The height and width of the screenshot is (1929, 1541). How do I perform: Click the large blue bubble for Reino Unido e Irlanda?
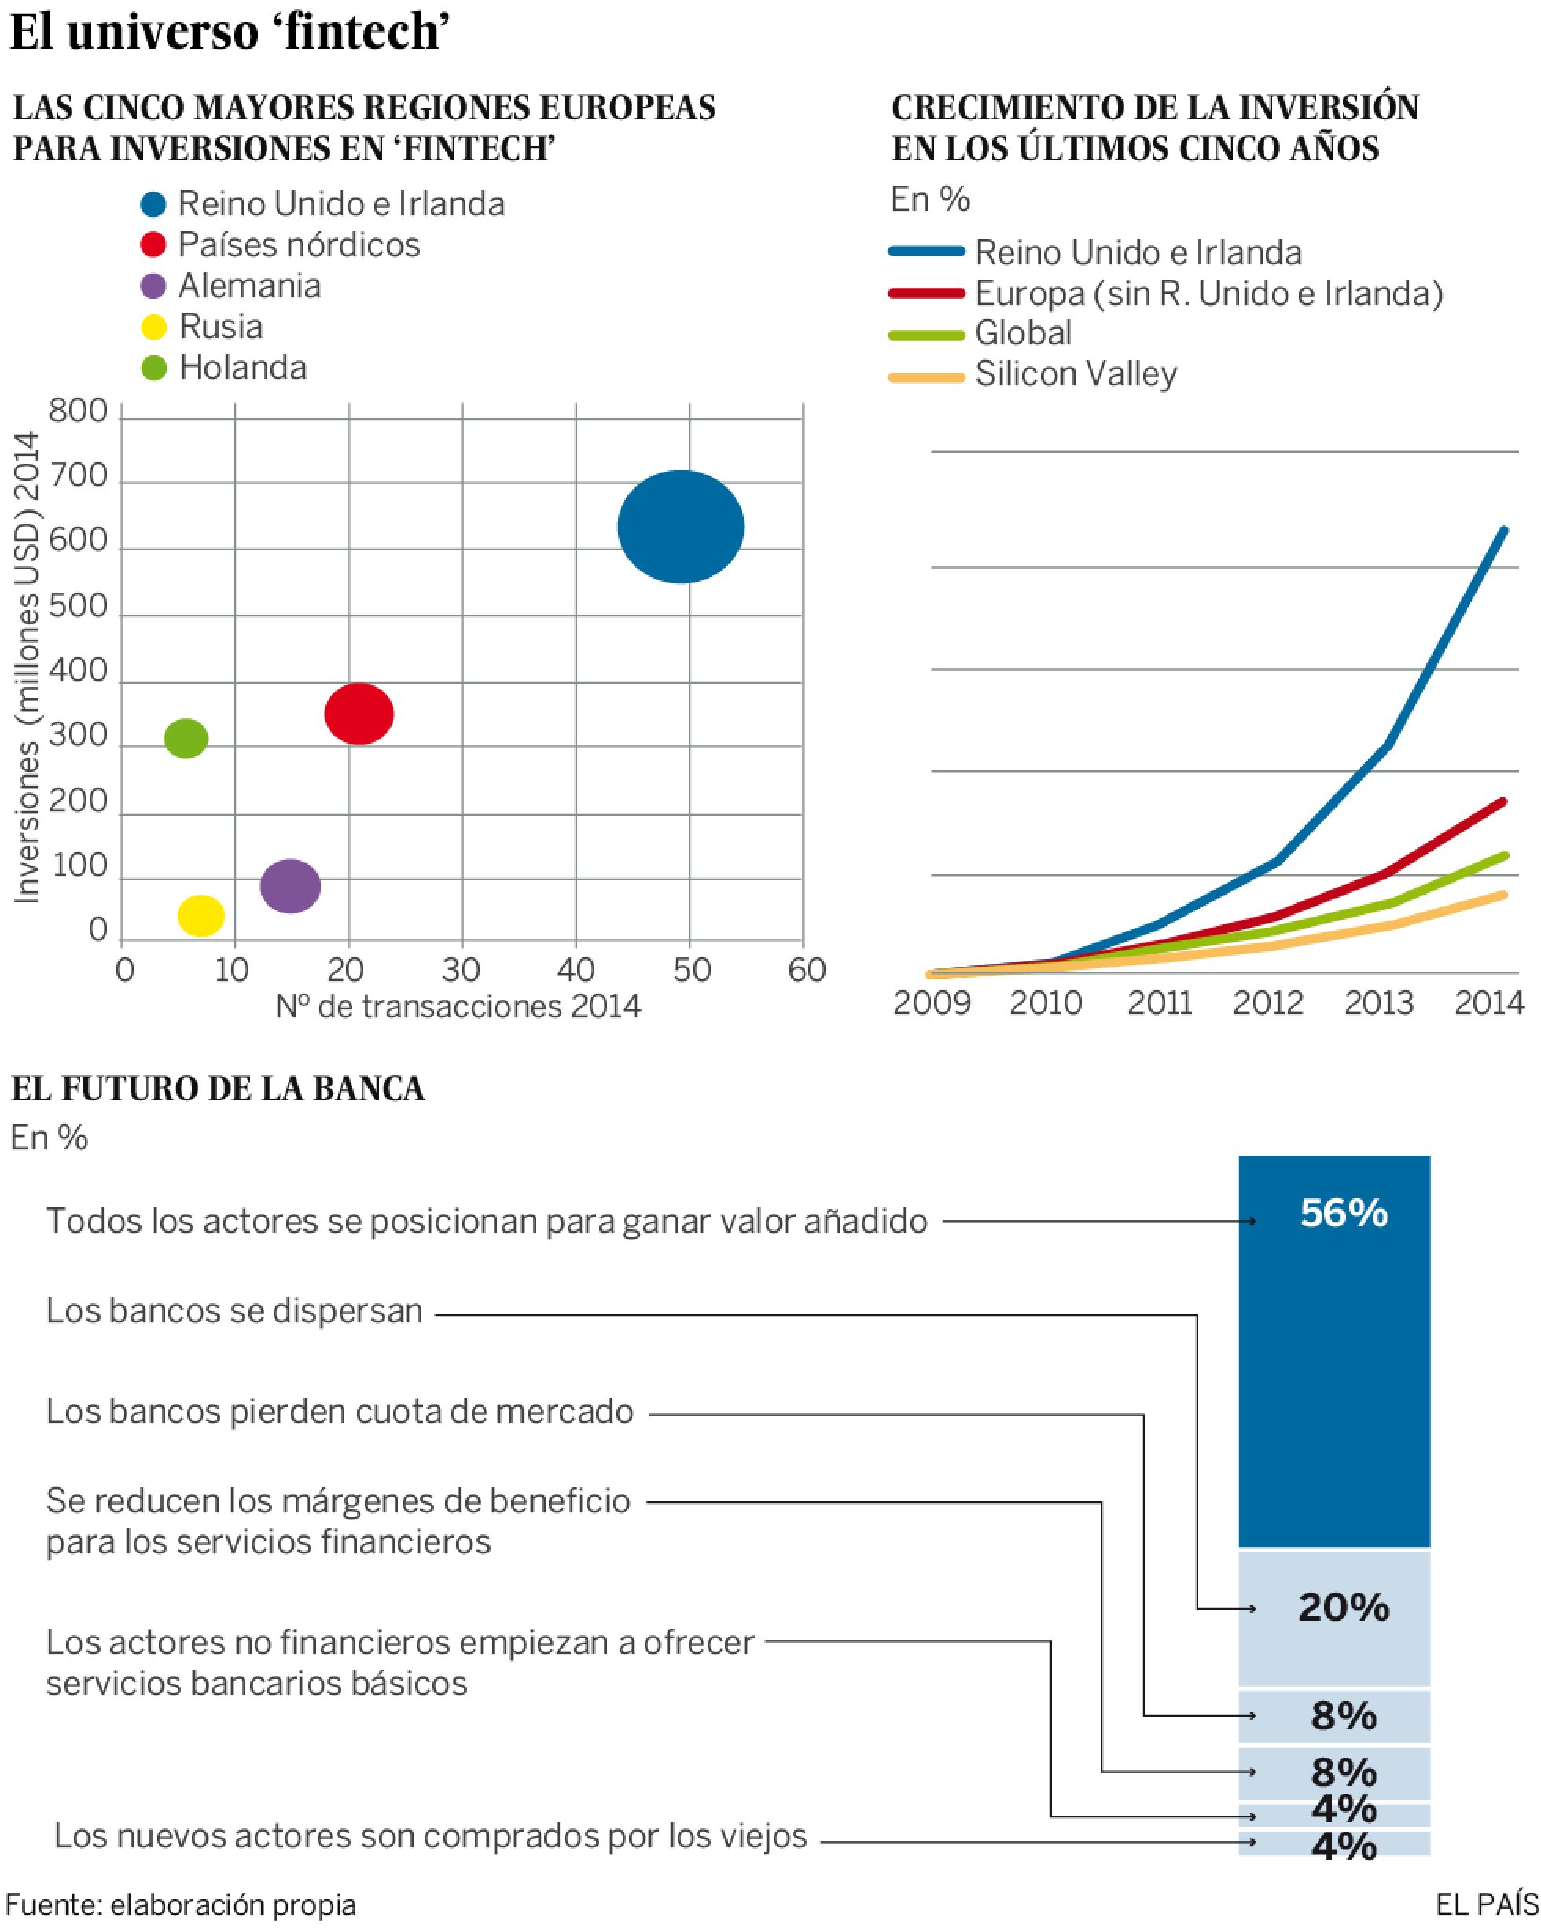click(680, 526)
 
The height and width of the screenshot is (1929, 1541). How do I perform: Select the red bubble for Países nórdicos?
click(359, 713)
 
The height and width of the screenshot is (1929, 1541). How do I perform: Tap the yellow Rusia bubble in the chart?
click(200, 914)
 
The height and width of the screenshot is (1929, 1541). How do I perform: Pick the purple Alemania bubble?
click(290, 886)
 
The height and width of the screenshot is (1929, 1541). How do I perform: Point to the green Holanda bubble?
click(186, 738)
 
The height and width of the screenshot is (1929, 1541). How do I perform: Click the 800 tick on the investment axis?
click(78, 412)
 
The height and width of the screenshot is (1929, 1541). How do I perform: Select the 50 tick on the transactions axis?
click(691, 970)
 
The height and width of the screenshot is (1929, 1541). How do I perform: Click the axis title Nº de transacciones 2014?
click(458, 1006)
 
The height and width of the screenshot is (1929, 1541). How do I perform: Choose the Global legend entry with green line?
click(1022, 333)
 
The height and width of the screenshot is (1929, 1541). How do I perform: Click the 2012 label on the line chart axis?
click(1267, 1003)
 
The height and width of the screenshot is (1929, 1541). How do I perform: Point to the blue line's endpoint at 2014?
click(1504, 531)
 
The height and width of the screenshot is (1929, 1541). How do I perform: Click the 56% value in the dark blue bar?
click(1343, 1213)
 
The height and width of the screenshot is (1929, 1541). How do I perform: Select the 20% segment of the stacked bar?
click(1343, 1607)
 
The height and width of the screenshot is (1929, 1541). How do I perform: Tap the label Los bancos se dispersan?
click(234, 1310)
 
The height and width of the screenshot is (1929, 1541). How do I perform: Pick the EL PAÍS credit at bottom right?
click(1487, 1904)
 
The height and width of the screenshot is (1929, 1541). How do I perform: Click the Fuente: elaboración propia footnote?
click(181, 1904)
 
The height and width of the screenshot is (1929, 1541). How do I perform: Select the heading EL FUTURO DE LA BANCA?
click(218, 1089)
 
